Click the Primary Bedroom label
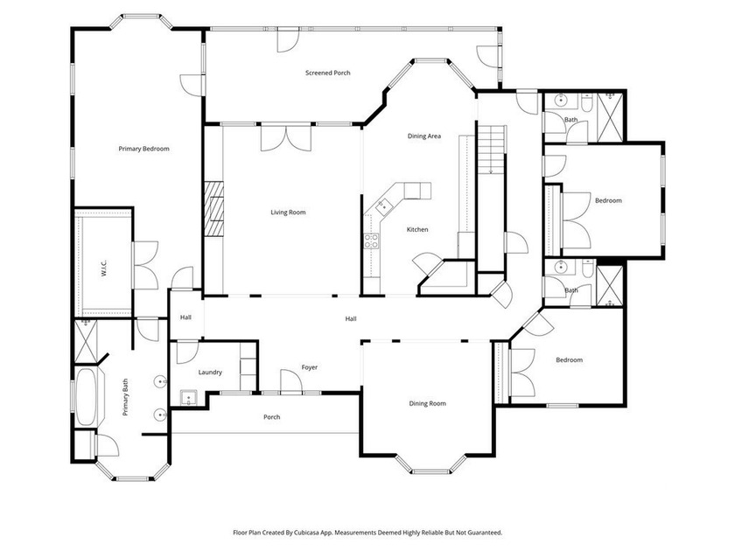[x=143, y=149]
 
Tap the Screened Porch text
[x=327, y=73]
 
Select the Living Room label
[x=288, y=213]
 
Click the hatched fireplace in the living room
[x=213, y=208]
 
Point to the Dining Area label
[x=423, y=136]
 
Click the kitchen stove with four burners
[x=371, y=241]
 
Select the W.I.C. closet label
[x=103, y=268]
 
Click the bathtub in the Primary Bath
[x=86, y=397]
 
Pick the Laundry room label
[x=209, y=372]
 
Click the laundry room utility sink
[x=189, y=398]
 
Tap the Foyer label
[x=310, y=367]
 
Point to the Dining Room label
[x=427, y=403]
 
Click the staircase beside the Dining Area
[x=491, y=150]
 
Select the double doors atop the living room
[x=285, y=138]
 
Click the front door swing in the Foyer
[x=290, y=380]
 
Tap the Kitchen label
[x=417, y=229]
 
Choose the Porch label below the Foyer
[x=272, y=416]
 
